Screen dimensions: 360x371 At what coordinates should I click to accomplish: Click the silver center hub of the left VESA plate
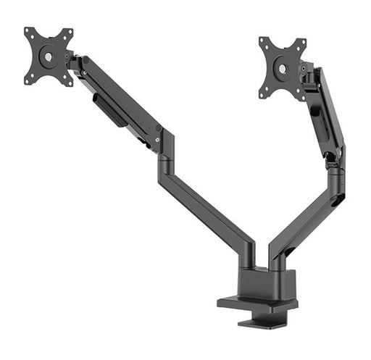point(48,55)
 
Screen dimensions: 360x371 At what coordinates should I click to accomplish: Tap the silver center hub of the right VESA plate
point(282,70)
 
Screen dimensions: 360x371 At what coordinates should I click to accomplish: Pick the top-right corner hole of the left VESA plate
point(70,31)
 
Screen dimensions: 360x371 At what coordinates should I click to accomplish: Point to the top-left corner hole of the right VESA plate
point(263,41)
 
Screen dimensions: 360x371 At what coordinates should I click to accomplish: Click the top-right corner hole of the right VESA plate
point(303,40)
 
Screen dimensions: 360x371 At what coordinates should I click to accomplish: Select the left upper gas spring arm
point(120,98)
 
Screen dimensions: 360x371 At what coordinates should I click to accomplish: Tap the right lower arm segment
point(304,217)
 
